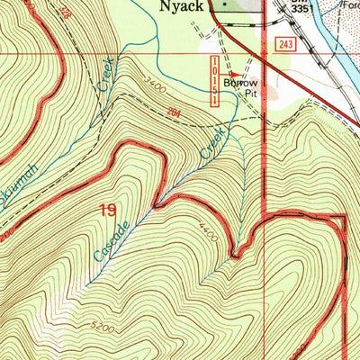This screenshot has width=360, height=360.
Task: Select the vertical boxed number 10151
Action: point(214,80)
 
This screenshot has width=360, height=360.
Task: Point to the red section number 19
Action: point(107,210)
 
